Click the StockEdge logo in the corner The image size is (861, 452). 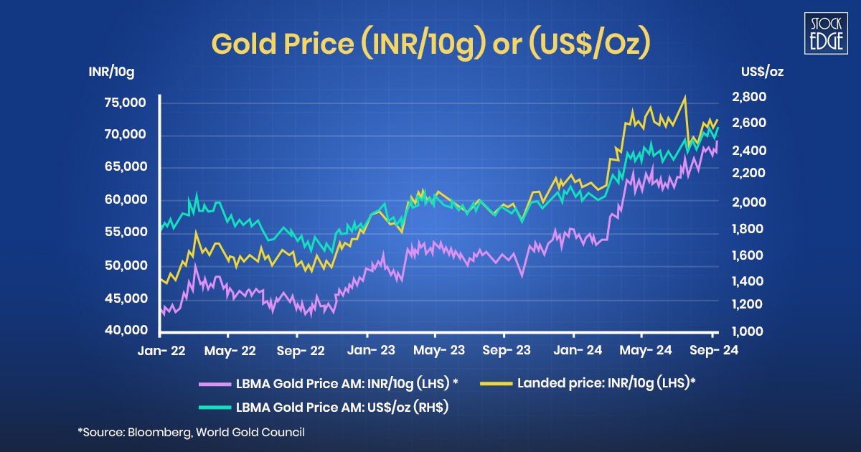tap(824, 33)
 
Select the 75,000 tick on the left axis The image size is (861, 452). tap(126, 103)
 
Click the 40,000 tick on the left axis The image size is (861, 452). tap(126, 331)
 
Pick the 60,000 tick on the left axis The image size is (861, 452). tap(126, 199)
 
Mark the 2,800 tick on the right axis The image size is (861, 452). tap(750, 97)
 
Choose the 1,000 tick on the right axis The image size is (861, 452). tap(750, 332)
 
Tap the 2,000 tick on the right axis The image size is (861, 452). tap(750, 203)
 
